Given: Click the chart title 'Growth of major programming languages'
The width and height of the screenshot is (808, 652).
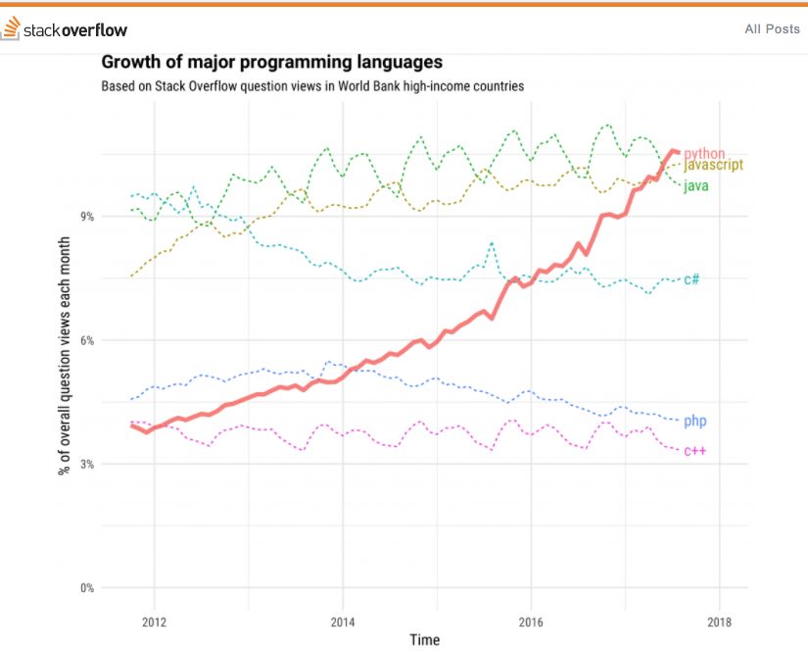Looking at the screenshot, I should [264, 63].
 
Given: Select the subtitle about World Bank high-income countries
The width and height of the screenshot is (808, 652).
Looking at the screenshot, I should [312, 86].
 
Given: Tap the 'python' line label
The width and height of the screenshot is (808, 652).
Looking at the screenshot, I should [704, 153].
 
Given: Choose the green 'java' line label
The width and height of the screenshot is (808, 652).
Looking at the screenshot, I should [695, 185].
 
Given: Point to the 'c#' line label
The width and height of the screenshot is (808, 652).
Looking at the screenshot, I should [691, 279].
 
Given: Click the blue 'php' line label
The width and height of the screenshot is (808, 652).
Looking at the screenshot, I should [694, 421].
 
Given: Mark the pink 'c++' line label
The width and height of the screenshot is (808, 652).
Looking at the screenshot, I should [694, 451].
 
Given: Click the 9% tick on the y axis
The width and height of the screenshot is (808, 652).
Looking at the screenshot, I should [87, 216].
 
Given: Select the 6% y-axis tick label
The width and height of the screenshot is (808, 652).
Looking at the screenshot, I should [87, 340].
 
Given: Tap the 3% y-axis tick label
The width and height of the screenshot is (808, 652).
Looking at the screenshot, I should [87, 464].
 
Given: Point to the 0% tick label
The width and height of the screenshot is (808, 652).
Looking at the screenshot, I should [87, 588].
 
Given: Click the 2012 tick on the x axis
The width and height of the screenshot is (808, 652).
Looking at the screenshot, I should [154, 621].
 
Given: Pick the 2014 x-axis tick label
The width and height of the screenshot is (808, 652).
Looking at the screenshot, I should [342, 621].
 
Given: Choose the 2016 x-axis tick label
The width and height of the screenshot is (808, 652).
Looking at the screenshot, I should [531, 621].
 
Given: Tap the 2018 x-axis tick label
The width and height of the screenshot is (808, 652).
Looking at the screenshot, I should [719, 621].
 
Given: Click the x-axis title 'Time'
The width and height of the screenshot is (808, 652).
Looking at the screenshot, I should [425, 640].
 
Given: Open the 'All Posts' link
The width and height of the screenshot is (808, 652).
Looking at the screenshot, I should [772, 29].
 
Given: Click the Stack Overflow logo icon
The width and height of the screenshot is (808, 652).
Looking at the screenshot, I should [11, 30].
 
